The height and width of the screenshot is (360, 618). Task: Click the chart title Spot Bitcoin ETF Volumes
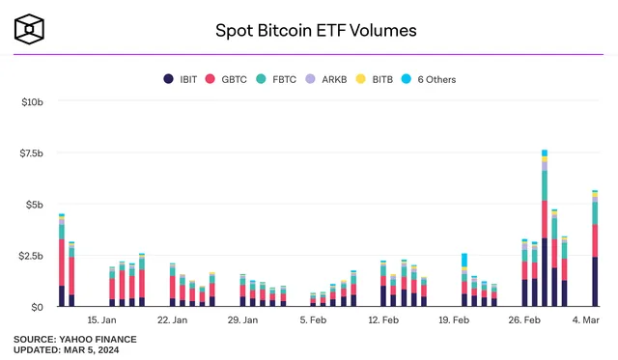(316, 30)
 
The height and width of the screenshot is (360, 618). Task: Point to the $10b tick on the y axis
(28, 100)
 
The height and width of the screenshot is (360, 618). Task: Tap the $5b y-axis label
(31, 205)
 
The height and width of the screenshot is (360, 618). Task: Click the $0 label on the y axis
(35, 307)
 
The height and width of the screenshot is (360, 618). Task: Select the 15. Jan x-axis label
(101, 319)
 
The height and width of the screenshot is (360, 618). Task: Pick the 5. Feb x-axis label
(312, 319)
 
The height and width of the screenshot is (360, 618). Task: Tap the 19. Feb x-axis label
(453, 319)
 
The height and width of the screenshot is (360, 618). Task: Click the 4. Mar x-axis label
(587, 319)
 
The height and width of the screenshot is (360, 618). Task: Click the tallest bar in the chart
(545, 232)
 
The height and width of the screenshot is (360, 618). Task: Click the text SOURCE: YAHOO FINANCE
(75, 339)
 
